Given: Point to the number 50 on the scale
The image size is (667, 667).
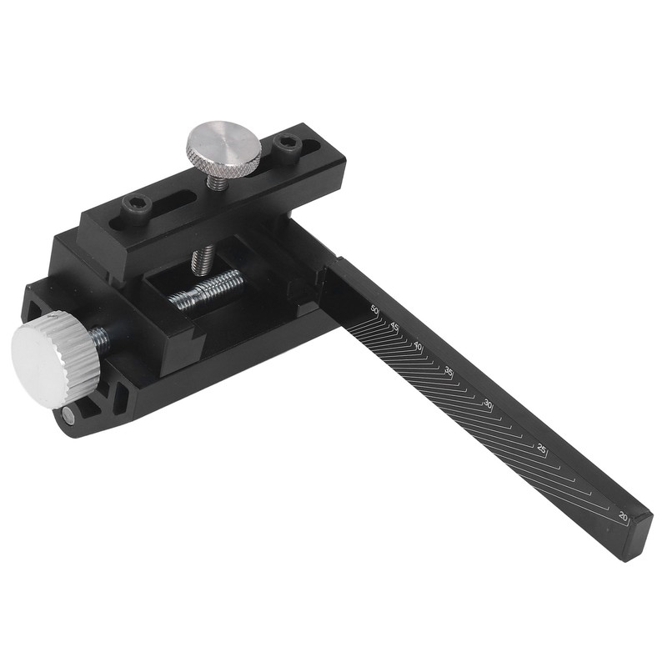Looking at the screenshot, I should click(x=374, y=310).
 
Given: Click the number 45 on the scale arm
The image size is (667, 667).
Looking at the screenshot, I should click(x=394, y=326).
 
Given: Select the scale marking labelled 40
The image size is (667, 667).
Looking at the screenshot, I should click(x=419, y=346).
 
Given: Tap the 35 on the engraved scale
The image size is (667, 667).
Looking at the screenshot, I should click(x=449, y=371).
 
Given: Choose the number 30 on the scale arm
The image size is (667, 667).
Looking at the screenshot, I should click(x=489, y=404).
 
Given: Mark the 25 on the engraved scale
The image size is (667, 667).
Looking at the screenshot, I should click(x=542, y=449).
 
